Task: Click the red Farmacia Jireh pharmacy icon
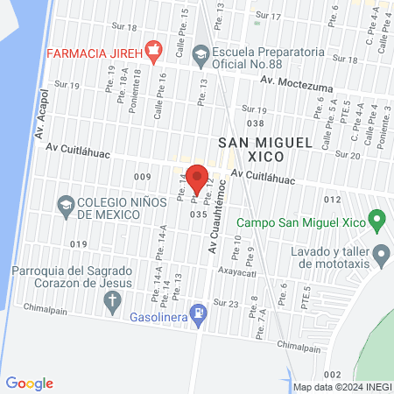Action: pyautogui.click(x=154, y=52)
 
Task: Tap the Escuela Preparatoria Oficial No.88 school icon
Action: pyautogui.click(x=201, y=53)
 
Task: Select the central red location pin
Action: pyautogui.click(x=198, y=178)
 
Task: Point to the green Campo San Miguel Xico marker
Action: pyautogui.click(x=376, y=218)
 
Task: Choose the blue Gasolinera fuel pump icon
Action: pyautogui.click(x=201, y=311)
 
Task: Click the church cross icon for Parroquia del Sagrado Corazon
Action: pyautogui.click(x=111, y=303)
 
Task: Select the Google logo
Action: pyautogui.click(x=30, y=383)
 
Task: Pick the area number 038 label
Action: pyautogui.click(x=255, y=123)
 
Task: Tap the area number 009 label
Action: pyautogui.click(x=144, y=177)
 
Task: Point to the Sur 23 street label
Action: pyautogui.click(x=227, y=303)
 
